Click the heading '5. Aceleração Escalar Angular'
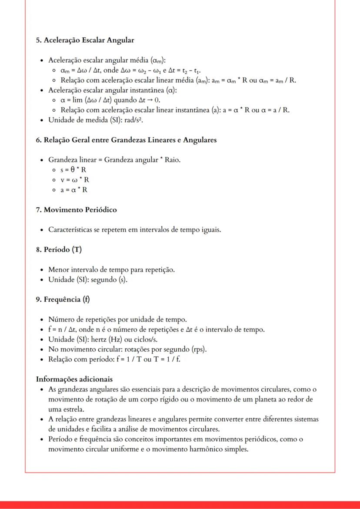coord(85,40)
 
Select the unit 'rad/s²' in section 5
coord(133,120)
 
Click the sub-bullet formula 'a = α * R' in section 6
coord(74,190)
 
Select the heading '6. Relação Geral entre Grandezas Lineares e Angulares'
coord(126,140)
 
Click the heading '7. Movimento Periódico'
coord(76,210)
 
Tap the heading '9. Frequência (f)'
coord(63,299)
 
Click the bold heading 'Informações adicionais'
coord(74,379)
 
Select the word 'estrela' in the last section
coord(73,409)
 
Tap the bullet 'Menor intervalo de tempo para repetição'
coord(111,269)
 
